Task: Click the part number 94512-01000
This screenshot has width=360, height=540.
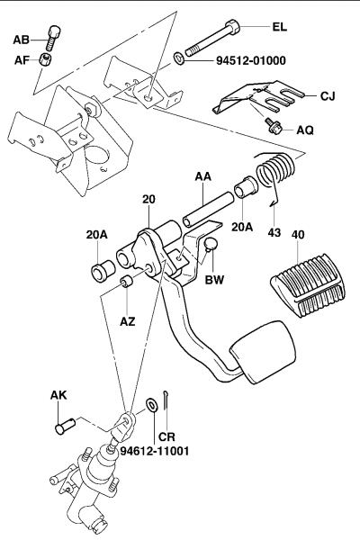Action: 251,60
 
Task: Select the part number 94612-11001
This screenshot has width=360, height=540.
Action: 154,451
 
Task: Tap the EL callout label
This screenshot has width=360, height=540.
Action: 279,27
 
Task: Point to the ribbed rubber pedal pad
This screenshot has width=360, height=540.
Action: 307,284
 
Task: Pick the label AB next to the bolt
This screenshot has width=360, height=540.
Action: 21,40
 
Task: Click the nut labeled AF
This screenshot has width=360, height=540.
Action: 45,58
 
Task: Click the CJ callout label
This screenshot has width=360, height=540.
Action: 328,95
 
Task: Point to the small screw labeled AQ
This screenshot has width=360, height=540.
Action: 274,126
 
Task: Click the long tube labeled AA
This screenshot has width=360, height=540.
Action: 209,210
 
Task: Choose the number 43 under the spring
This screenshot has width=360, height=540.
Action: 274,233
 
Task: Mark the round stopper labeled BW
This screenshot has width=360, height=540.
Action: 211,244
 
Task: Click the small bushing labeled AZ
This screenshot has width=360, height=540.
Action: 127,282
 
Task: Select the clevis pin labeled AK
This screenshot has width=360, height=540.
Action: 65,426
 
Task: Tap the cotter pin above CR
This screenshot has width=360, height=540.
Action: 166,400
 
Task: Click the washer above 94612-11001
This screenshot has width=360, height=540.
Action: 151,404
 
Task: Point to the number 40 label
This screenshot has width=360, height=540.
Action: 298,235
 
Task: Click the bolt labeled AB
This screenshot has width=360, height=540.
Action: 53,38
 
